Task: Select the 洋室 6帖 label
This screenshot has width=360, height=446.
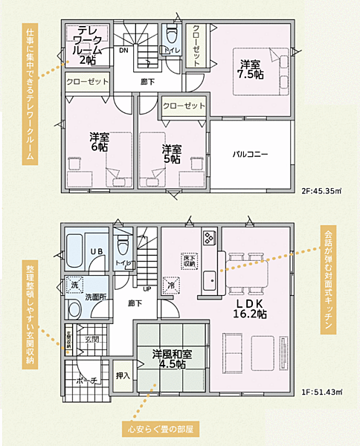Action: pyautogui.click(x=98, y=142)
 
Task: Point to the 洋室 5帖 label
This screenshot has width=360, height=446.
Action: pyautogui.click(x=172, y=153)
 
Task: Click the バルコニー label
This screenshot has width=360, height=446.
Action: pyautogui.click(x=251, y=154)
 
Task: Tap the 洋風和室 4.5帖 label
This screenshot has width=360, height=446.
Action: pyautogui.click(x=170, y=359)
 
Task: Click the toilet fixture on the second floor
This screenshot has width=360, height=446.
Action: pyautogui.click(x=172, y=35)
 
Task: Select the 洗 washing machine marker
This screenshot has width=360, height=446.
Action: pyautogui.click(x=74, y=285)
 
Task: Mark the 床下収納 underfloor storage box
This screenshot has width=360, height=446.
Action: pyautogui.click(x=188, y=260)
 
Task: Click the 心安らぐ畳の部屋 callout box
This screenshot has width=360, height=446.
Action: pyautogui.click(x=160, y=429)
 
